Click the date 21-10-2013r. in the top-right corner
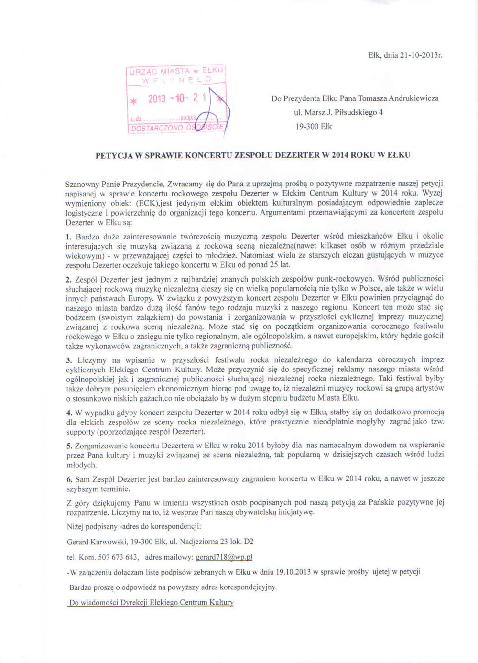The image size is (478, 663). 413,55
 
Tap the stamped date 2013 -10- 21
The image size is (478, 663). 177,98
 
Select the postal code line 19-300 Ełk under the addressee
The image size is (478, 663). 314,127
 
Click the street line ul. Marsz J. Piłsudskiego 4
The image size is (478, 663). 338,113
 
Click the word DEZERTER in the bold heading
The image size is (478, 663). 297,155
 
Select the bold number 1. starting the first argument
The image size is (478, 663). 69,236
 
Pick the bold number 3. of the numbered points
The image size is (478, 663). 69,360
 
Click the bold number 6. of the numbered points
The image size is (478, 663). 69,479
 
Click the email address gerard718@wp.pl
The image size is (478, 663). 224,557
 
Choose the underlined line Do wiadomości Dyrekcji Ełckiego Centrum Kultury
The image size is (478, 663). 151,603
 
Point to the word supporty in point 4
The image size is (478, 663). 81,432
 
